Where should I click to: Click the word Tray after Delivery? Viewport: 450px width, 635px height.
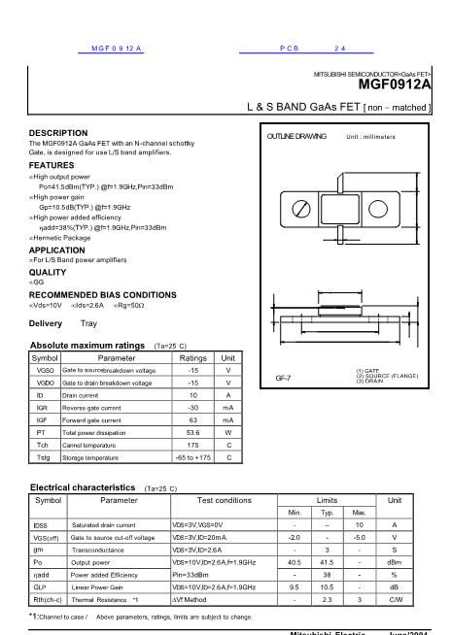pos(88,322)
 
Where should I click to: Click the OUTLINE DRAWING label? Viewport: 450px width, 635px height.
pos(296,137)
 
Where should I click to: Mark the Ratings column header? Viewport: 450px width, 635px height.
pos(193,357)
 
